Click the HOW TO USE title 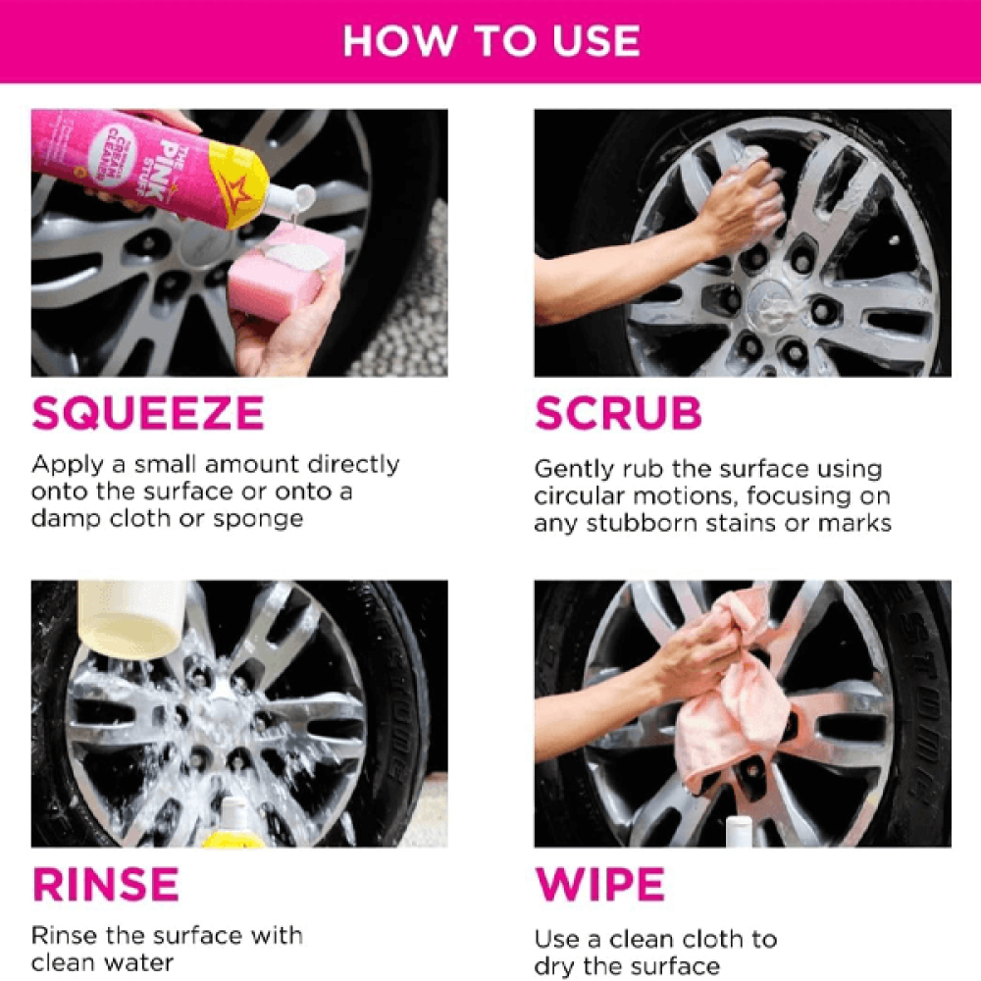click(x=491, y=41)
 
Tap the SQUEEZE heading click(x=148, y=413)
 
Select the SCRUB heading click(x=618, y=413)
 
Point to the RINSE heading click(x=106, y=884)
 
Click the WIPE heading click(x=600, y=884)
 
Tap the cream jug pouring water click(x=132, y=618)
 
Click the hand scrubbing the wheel click(x=744, y=201)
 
